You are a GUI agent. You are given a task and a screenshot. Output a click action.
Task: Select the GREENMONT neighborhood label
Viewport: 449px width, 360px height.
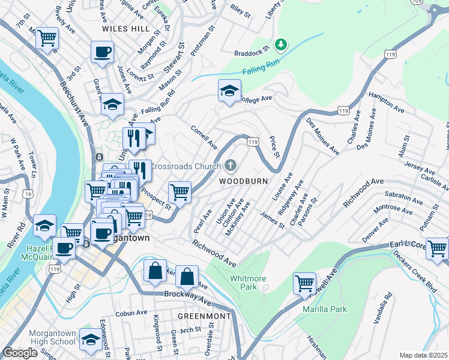(x=204, y=316)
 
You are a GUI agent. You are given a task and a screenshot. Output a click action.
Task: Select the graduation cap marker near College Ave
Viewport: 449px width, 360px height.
(x=229, y=91)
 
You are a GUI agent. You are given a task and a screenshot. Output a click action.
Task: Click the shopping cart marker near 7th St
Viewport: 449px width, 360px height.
(x=47, y=38)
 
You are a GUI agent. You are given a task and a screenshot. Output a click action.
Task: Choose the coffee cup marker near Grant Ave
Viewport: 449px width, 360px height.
(x=102, y=52)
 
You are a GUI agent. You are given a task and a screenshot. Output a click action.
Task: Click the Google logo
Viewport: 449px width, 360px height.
(x=20, y=353)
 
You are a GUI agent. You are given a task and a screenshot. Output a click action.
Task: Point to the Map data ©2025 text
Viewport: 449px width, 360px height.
(x=423, y=355)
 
